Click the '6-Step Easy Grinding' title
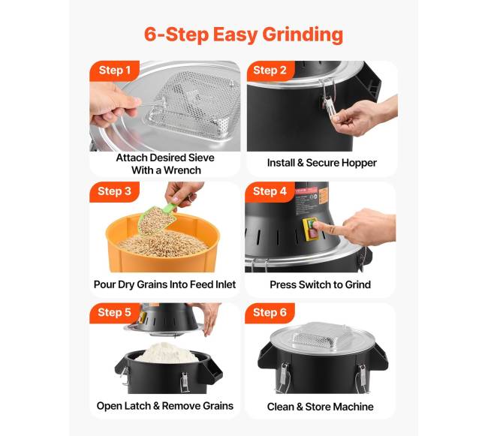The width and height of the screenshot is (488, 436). (243, 35)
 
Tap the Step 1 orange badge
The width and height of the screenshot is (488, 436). (114, 71)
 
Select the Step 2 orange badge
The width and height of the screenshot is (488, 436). (270, 71)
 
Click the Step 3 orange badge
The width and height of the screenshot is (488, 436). (114, 191)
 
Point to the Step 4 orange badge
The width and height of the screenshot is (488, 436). (270, 191)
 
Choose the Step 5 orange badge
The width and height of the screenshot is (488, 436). (114, 312)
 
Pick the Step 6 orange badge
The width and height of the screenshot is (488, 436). (270, 312)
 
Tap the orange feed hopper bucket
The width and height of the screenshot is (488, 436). (162, 242)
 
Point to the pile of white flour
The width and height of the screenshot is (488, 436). (167, 353)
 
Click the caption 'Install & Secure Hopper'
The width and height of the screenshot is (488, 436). (322, 163)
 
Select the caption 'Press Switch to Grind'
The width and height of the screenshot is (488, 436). (321, 285)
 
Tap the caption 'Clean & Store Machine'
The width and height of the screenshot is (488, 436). (321, 407)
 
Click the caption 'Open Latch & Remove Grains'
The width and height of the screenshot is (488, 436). (165, 406)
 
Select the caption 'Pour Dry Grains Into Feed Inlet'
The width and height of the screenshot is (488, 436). (164, 285)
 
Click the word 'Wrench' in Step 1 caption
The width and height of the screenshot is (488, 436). (182, 170)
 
